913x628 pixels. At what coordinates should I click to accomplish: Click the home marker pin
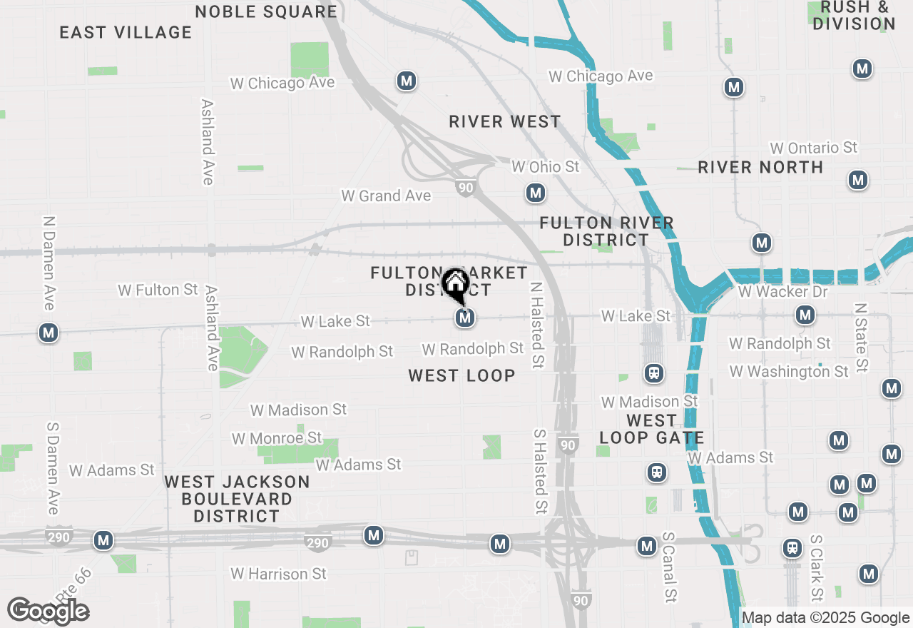point(455,285)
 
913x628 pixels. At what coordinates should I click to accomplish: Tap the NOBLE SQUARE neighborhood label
point(266,11)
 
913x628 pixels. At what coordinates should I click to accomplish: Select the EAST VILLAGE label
point(126,33)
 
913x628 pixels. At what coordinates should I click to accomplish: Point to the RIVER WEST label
point(505,122)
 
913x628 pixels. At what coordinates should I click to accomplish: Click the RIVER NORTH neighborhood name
point(760,167)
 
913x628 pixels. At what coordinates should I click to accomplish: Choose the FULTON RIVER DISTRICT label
point(606,232)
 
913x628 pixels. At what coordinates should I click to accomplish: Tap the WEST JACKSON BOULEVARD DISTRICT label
point(238,499)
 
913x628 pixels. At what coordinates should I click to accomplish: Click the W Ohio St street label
point(546,167)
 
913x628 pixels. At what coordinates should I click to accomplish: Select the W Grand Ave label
point(386,196)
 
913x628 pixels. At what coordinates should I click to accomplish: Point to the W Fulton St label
point(158,290)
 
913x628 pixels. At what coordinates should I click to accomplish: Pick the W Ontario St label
point(813,148)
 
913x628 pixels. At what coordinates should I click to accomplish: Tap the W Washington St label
point(789,372)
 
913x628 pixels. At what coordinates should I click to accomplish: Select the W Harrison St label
point(279,574)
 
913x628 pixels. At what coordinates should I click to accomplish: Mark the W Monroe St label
point(277,438)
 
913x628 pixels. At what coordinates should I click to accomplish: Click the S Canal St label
point(668,566)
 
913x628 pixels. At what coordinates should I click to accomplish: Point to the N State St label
point(861,337)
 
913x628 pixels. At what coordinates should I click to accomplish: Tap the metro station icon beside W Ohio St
point(536,193)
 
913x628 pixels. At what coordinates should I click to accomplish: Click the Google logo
point(48,611)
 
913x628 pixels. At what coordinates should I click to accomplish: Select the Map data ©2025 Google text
point(825,618)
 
